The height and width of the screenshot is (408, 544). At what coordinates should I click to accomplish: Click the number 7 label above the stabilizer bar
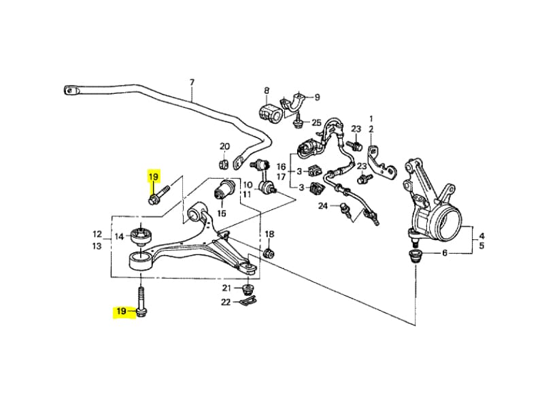192,82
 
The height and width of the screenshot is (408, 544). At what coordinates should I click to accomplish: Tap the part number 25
316,122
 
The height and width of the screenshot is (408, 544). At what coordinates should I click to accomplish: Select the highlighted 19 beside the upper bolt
154,177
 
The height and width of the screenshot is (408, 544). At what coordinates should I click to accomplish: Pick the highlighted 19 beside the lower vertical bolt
122,311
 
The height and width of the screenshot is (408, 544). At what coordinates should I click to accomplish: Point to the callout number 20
225,146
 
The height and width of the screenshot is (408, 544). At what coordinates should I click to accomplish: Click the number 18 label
269,235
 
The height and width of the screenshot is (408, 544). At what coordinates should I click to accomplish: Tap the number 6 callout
445,254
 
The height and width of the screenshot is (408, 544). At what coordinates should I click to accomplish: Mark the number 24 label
324,205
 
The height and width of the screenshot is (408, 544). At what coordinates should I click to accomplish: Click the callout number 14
119,237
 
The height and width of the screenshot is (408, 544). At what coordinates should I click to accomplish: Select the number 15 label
221,213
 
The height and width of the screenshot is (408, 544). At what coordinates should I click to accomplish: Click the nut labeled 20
222,163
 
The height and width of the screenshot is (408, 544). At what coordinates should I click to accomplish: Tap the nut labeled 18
269,254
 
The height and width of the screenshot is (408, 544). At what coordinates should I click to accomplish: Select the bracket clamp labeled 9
296,103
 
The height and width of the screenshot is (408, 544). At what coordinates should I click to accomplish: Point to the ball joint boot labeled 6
415,257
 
